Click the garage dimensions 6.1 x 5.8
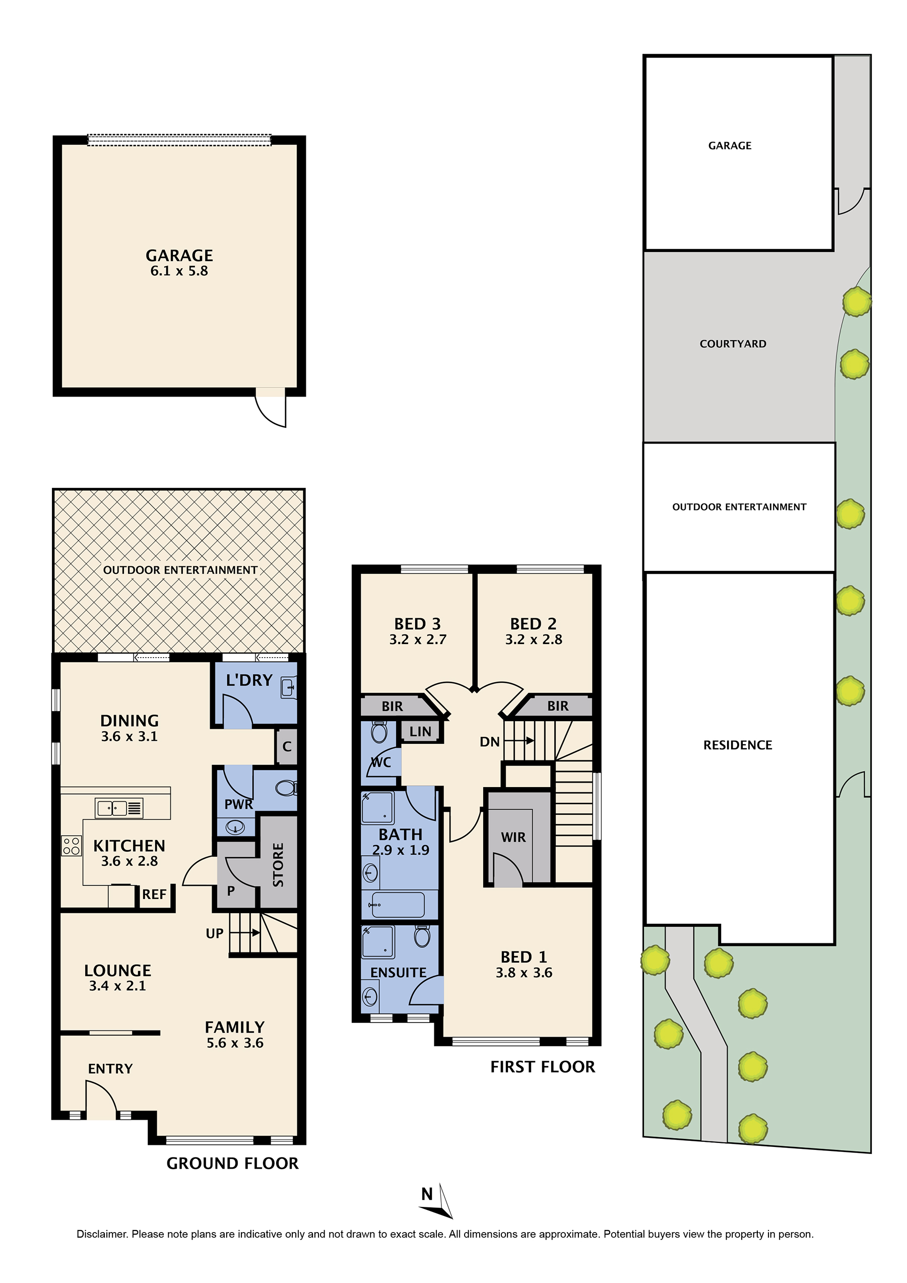179,271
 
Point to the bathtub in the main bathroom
398,904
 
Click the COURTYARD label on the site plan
733,344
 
